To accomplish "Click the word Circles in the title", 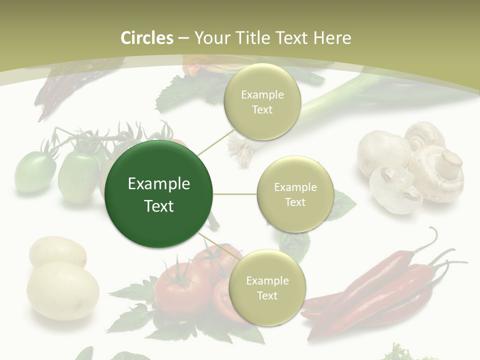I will tap(146, 38).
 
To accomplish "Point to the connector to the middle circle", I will tap(235, 194).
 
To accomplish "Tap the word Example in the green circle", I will tap(159, 184).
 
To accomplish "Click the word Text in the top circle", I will tap(262, 109).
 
